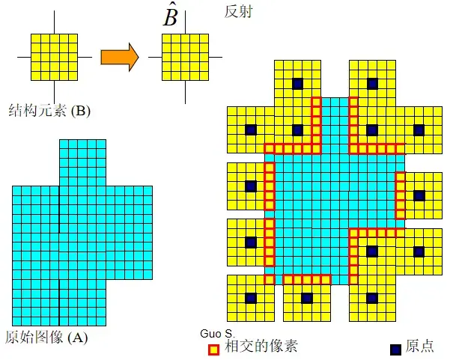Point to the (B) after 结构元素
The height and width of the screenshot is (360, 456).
point(78,112)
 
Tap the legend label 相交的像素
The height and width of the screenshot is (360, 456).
point(255,347)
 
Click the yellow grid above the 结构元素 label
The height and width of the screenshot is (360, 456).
point(55,56)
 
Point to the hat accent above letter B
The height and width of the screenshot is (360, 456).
point(171,5)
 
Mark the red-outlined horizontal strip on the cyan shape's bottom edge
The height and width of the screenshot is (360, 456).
point(307,279)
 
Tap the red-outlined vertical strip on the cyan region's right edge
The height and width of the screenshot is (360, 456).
point(400,195)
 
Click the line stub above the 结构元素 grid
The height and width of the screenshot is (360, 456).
point(55,23)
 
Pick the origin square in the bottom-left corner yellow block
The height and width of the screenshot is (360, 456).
point(250,298)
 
